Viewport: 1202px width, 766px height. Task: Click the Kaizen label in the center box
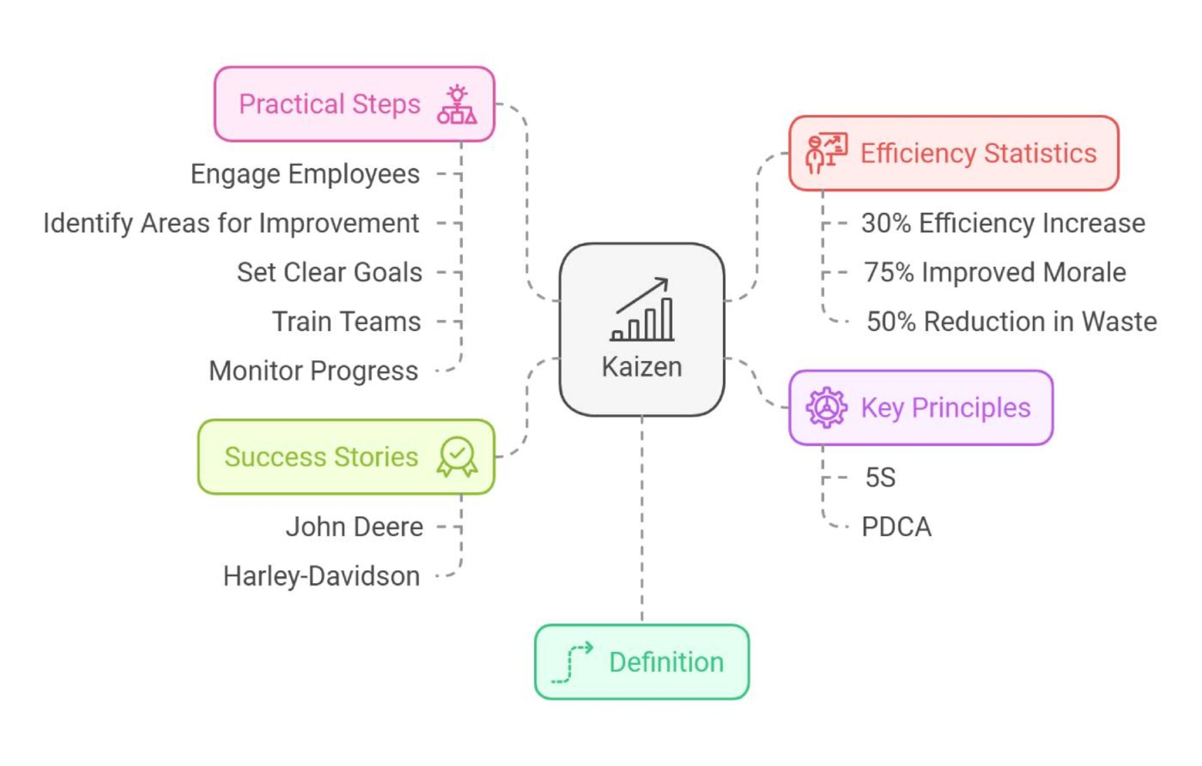click(641, 367)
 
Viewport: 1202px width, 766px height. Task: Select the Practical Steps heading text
click(329, 104)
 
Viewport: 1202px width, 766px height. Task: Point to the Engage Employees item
click(305, 174)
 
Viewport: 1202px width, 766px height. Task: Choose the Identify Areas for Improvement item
click(231, 223)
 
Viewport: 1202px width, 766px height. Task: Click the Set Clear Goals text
click(329, 273)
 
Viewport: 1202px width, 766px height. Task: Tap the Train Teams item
click(346, 322)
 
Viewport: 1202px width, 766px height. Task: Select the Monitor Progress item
click(313, 371)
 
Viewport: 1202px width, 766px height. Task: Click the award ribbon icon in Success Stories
click(457, 457)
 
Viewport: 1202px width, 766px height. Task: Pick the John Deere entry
click(354, 527)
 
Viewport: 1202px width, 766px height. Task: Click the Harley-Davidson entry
click(322, 576)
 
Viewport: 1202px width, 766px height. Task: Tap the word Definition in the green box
click(666, 662)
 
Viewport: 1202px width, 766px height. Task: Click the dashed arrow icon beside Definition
click(572, 662)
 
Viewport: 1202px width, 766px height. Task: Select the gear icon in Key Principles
click(826, 408)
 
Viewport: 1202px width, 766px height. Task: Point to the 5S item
click(880, 477)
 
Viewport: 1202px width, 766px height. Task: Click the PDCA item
click(896, 527)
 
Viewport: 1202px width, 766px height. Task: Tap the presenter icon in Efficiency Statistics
click(826, 153)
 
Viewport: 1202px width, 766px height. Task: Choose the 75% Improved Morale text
click(995, 273)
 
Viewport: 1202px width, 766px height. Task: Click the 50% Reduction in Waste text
click(1011, 322)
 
